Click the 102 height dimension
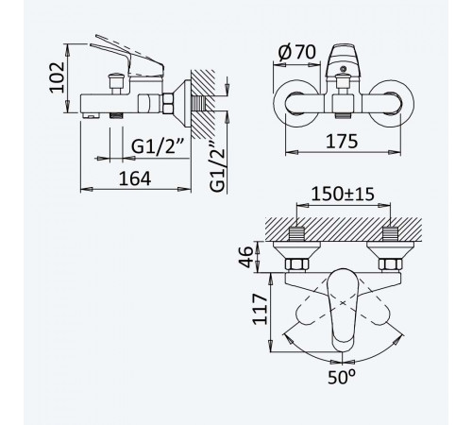click(x=57, y=77)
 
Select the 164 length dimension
click(x=135, y=178)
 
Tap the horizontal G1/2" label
click(x=158, y=145)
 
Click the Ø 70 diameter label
click(x=297, y=52)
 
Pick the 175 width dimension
click(x=342, y=141)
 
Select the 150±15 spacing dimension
click(x=343, y=194)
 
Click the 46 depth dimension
click(x=245, y=257)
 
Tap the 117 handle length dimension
click(x=260, y=309)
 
